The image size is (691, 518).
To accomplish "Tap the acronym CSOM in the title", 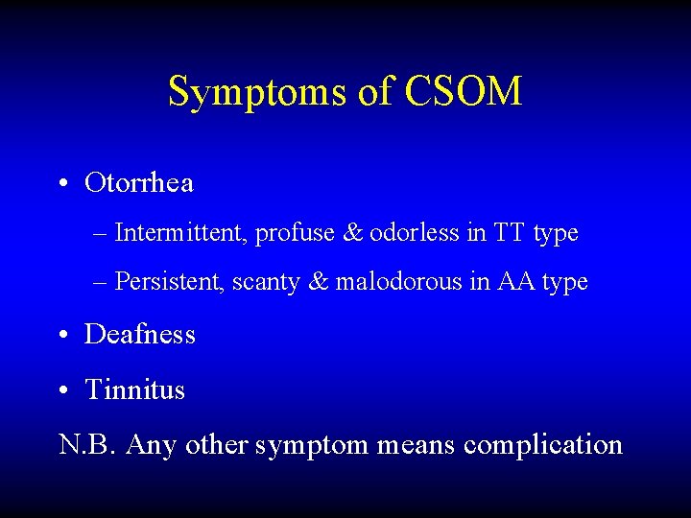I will click(x=464, y=92).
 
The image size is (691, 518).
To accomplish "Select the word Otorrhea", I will click(x=139, y=182).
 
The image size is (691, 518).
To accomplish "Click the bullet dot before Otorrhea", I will click(x=61, y=183).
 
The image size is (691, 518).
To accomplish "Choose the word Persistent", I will click(x=169, y=283).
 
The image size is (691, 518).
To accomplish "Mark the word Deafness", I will click(x=140, y=334).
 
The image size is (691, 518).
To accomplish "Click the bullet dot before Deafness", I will click(x=61, y=335).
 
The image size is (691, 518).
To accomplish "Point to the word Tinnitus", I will click(x=135, y=389).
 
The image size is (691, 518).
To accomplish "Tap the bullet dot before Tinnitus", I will click(x=61, y=390).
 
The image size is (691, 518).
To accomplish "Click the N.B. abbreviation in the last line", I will click(x=88, y=445).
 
